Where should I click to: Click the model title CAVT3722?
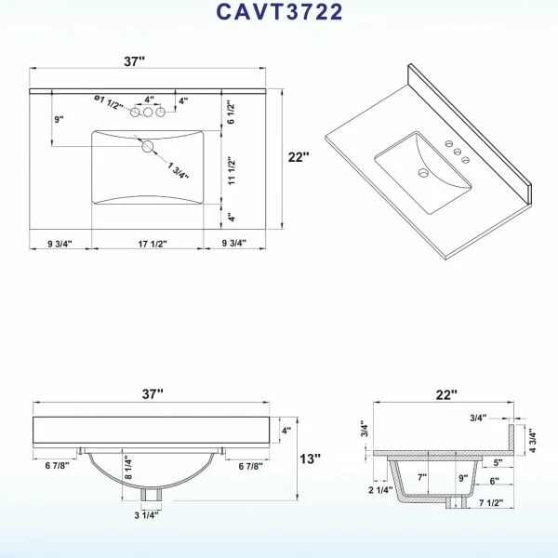tap(279, 11)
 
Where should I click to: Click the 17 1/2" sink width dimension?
tap(153, 244)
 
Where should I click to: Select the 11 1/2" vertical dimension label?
tap(232, 170)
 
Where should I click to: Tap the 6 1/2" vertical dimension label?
tap(231, 113)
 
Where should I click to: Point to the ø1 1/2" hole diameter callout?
tap(108, 102)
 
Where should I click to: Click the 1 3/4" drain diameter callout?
tap(178, 170)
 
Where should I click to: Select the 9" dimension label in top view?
tap(60, 119)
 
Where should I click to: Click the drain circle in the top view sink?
tap(147, 146)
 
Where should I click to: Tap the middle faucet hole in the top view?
tap(148, 113)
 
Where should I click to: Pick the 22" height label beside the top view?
tap(299, 157)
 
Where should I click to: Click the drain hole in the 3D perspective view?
tap(423, 173)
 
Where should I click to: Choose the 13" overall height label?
tap(310, 458)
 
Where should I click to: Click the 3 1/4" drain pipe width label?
tap(146, 515)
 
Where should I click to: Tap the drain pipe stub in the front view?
tap(151, 495)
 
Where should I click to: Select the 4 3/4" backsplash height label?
tap(532, 440)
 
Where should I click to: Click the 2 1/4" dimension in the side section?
tap(380, 490)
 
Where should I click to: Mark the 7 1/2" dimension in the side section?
tap(491, 502)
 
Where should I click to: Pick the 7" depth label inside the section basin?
tap(422, 477)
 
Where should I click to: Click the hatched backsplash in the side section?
tap(511, 440)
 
